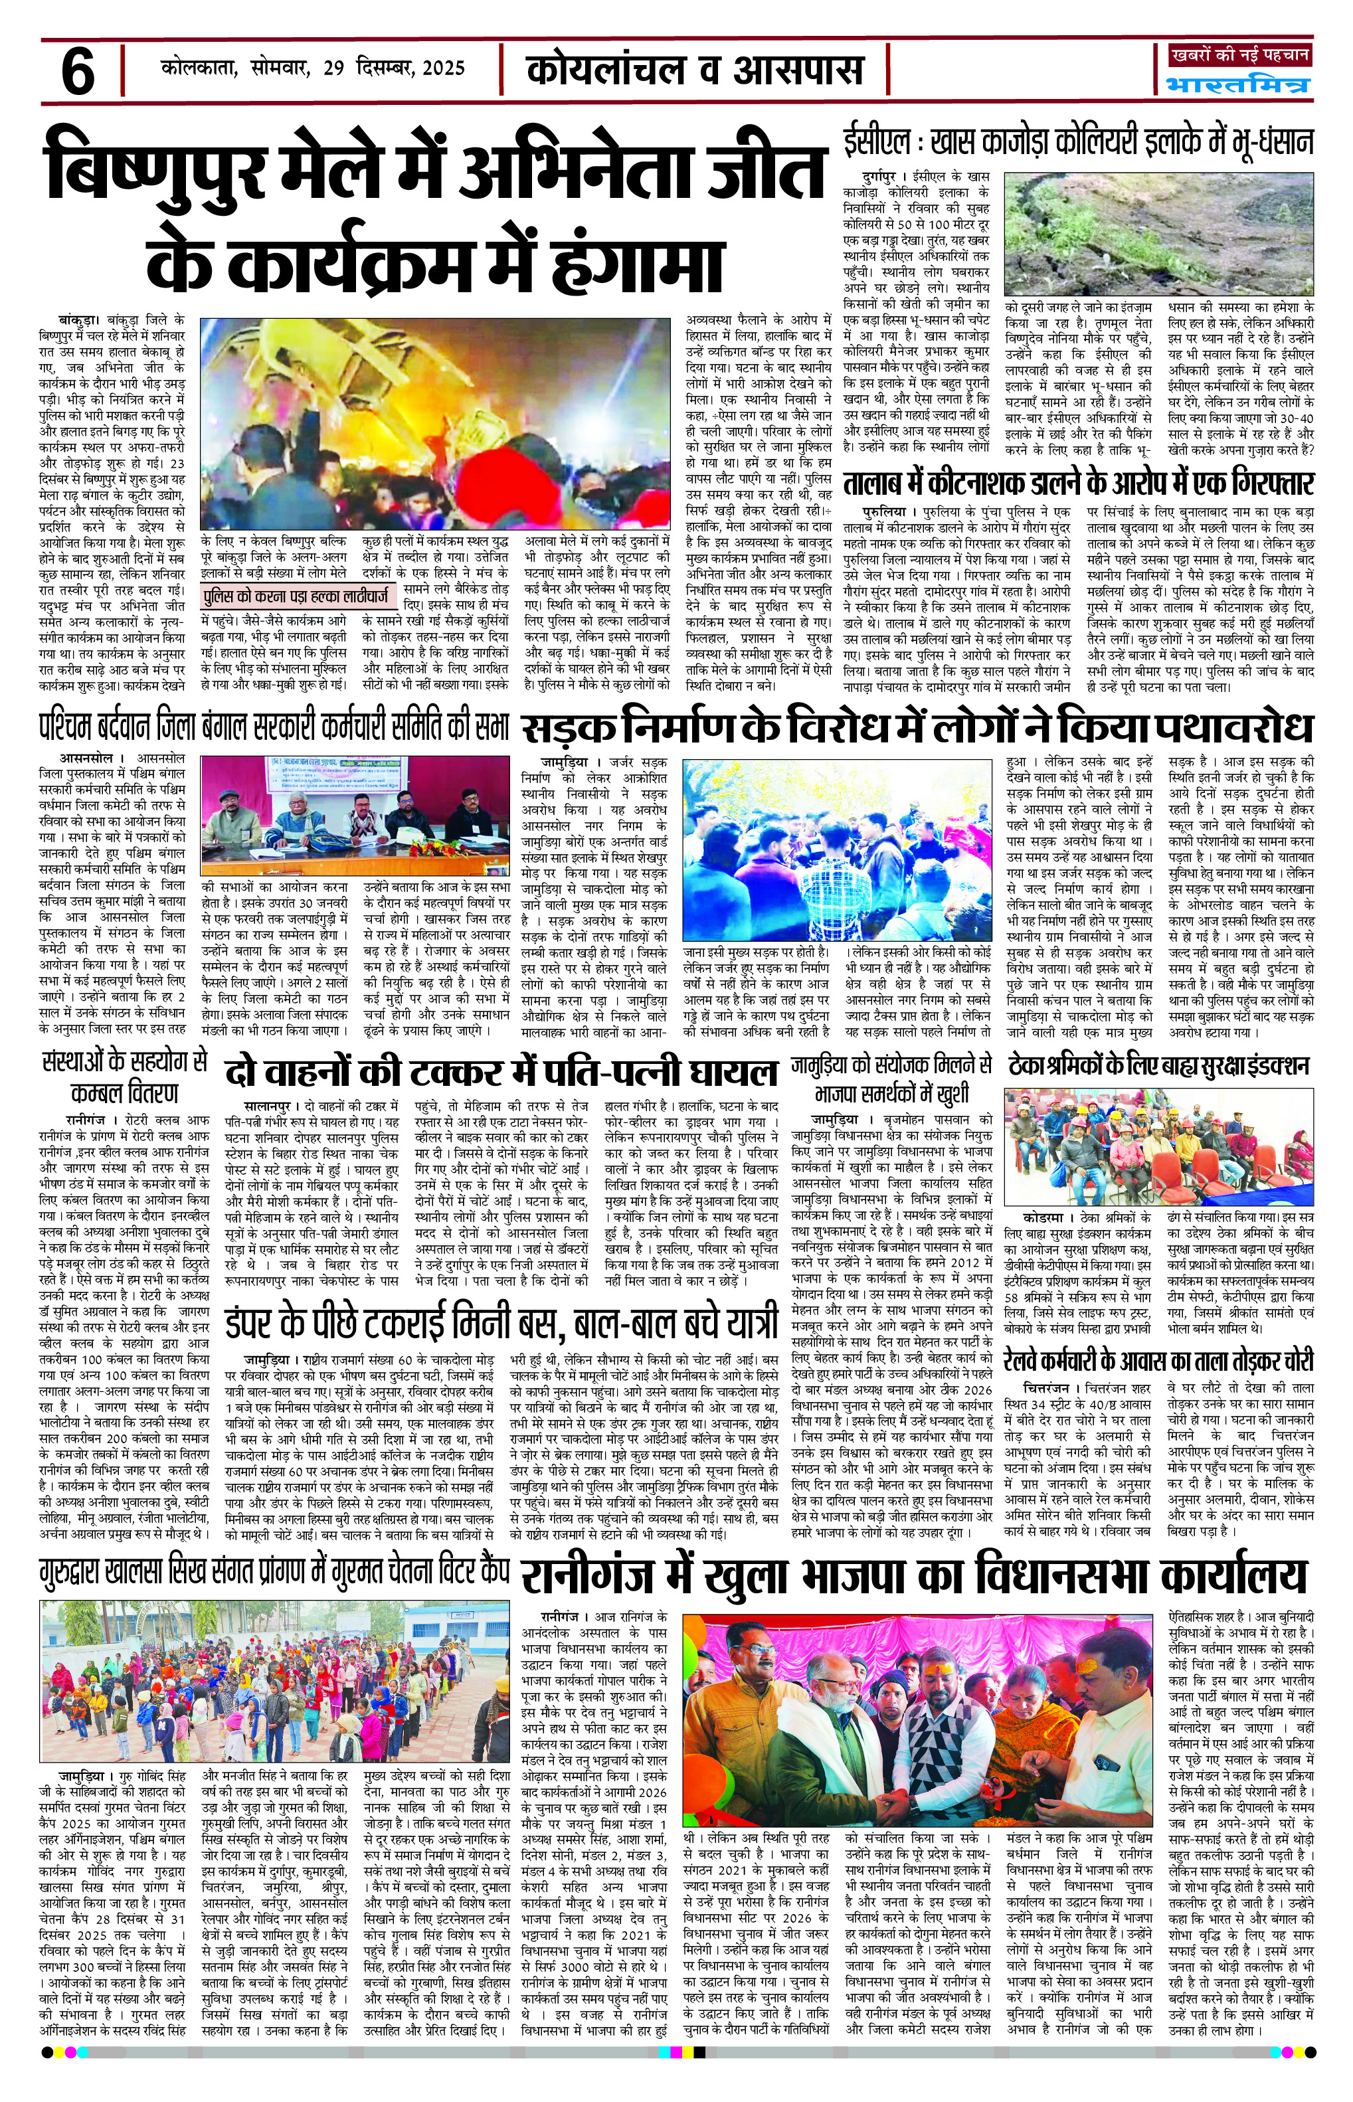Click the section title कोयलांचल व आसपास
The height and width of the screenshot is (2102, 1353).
(x=695, y=69)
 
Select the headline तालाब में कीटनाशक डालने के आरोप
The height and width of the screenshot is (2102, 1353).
(x=1078, y=483)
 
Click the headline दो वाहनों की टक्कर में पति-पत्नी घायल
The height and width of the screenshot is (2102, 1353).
(x=501, y=1072)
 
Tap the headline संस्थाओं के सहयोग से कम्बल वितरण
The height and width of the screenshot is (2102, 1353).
(x=124, y=1078)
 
